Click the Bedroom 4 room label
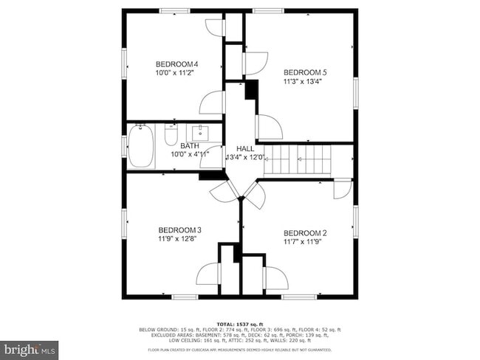coord(176,63)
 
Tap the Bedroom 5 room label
coord(305,72)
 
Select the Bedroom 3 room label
coord(179,230)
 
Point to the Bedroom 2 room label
coord(305,233)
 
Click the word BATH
coord(180,146)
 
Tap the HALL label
coord(245,148)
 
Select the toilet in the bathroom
coord(171,134)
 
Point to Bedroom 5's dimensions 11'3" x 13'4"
coord(305,81)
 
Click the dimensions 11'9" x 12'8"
coord(179,239)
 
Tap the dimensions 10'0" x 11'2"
coord(176,72)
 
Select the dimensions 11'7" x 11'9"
coord(305,241)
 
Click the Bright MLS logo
coord(30,347)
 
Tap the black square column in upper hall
coord(251,89)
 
